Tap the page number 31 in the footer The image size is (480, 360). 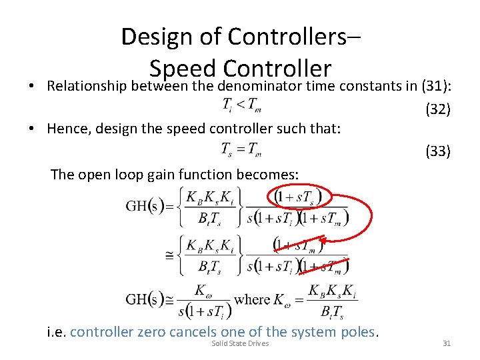[x=447, y=343]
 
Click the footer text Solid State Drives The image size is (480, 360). [x=240, y=343]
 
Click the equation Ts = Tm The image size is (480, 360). [x=241, y=149]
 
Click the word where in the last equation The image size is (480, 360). [x=252, y=299]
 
